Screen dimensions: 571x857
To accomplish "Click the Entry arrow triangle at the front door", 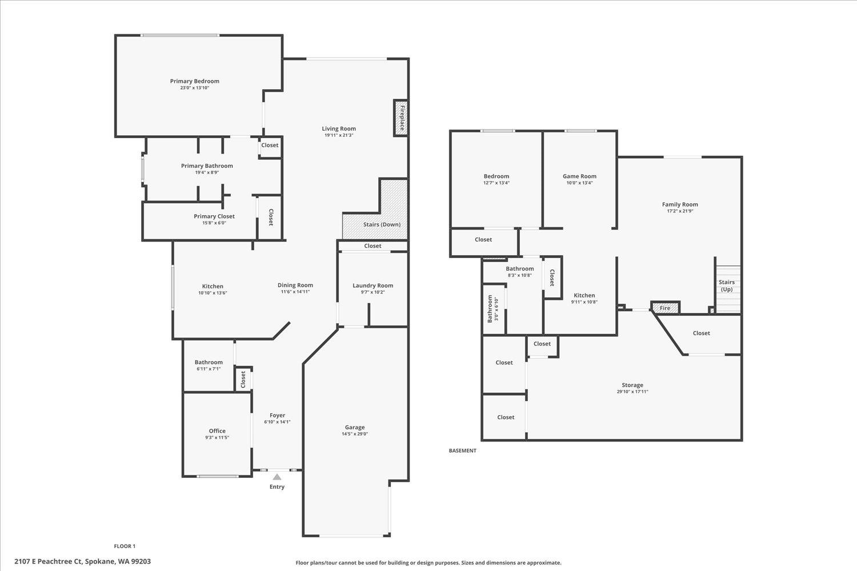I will (x=277, y=477).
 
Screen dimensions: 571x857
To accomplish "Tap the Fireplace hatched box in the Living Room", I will (x=401, y=118).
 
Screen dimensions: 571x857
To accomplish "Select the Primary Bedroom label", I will (x=194, y=81).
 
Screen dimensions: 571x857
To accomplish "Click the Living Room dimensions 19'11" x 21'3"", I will (x=339, y=135).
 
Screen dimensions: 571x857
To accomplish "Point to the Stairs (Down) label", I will (x=382, y=224).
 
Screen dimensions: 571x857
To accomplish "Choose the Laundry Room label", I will (x=373, y=285).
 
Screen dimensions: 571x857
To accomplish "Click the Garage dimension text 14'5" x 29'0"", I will (x=354, y=434).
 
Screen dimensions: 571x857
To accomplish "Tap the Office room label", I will (x=217, y=431).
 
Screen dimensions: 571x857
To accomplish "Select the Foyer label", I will (x=277, y=416).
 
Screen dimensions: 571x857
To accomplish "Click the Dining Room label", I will (x=295, y=285).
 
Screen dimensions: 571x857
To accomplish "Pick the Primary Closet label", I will (x=214, y=216).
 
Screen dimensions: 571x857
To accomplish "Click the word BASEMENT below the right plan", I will (x=462, y=451).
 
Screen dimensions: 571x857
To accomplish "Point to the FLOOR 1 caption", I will (x=125, y=546).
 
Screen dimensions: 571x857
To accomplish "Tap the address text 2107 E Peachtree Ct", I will (x=49, y=561).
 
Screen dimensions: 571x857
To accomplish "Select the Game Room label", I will (x=579, y=176).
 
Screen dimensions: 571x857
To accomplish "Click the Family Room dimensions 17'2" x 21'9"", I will (x=680, y=211).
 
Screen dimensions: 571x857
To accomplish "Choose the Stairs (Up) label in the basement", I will (x=726, y=285).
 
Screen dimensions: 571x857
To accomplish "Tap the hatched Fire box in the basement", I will (x=666, y=308).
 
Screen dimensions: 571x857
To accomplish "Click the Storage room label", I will (x=632, y=385).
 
